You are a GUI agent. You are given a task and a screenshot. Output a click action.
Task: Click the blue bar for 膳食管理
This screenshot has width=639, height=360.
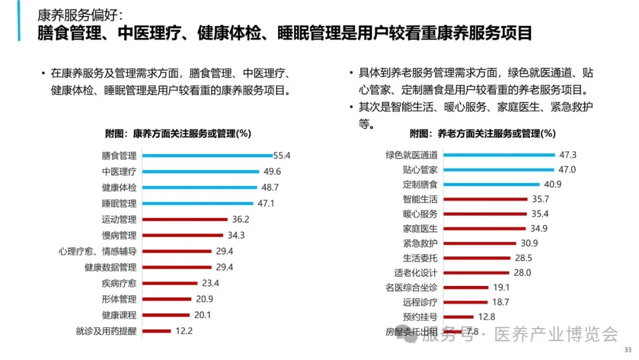point(207,156)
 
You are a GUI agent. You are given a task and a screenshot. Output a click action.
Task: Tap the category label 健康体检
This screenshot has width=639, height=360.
point(119,188)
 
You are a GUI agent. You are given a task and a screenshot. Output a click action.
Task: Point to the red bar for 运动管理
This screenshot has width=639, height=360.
point(186,219)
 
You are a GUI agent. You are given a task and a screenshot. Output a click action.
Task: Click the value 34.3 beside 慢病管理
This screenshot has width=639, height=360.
point(236,235)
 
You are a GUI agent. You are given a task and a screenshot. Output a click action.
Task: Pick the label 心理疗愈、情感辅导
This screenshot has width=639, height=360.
point(98,251)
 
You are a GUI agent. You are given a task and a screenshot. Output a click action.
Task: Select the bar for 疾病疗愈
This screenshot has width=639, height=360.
point(170,283)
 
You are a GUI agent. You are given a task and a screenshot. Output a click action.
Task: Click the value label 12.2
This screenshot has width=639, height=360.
point(184,331)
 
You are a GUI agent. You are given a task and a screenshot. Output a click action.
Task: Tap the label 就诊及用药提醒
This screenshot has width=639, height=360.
point(106,331)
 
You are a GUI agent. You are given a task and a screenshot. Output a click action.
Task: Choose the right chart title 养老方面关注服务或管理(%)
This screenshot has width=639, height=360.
point(483,133)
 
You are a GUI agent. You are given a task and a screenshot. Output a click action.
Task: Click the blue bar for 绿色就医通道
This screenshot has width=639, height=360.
point(498,155)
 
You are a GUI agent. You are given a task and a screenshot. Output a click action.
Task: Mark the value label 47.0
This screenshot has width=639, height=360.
point(567,169)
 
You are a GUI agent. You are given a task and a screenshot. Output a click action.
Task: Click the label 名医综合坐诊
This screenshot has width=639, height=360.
point(411,287)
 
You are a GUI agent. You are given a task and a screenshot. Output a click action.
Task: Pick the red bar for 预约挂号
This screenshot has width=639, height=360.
point(459,317)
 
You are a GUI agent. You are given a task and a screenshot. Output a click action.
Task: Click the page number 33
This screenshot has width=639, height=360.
point(628,350)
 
